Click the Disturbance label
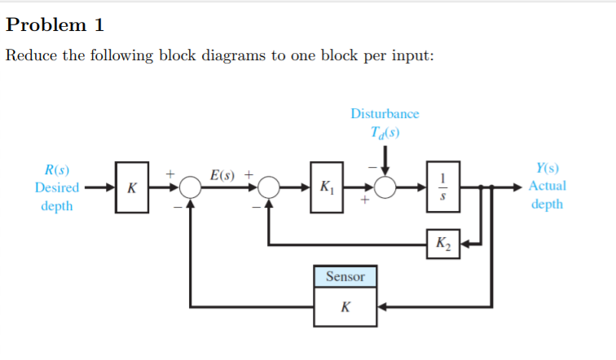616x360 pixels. pyautogui.click(x=385, y=114)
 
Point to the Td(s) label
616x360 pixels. pyautogui.click(x=385, y=133)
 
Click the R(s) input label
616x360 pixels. pyautogui.click(x=56, y=171)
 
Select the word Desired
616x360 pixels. pyautogui.click(x=56, y=188)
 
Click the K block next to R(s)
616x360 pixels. pyautogui.click(x=131, y=188)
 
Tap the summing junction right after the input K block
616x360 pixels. pyautogui.click(x=191, y=188)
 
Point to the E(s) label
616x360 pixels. pyautogui.click(x=222, y=174)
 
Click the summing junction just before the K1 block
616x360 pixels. pyautogui.click(x=269, y=188)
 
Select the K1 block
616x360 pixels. pyautogui.click(x=326, y=188)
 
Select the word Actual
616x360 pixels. pyautogui.click(x=547, y=187)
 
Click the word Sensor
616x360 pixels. pyautogui.click(x=345, y=277)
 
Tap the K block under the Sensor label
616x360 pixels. pyautogui.click(x=345, y=308)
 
